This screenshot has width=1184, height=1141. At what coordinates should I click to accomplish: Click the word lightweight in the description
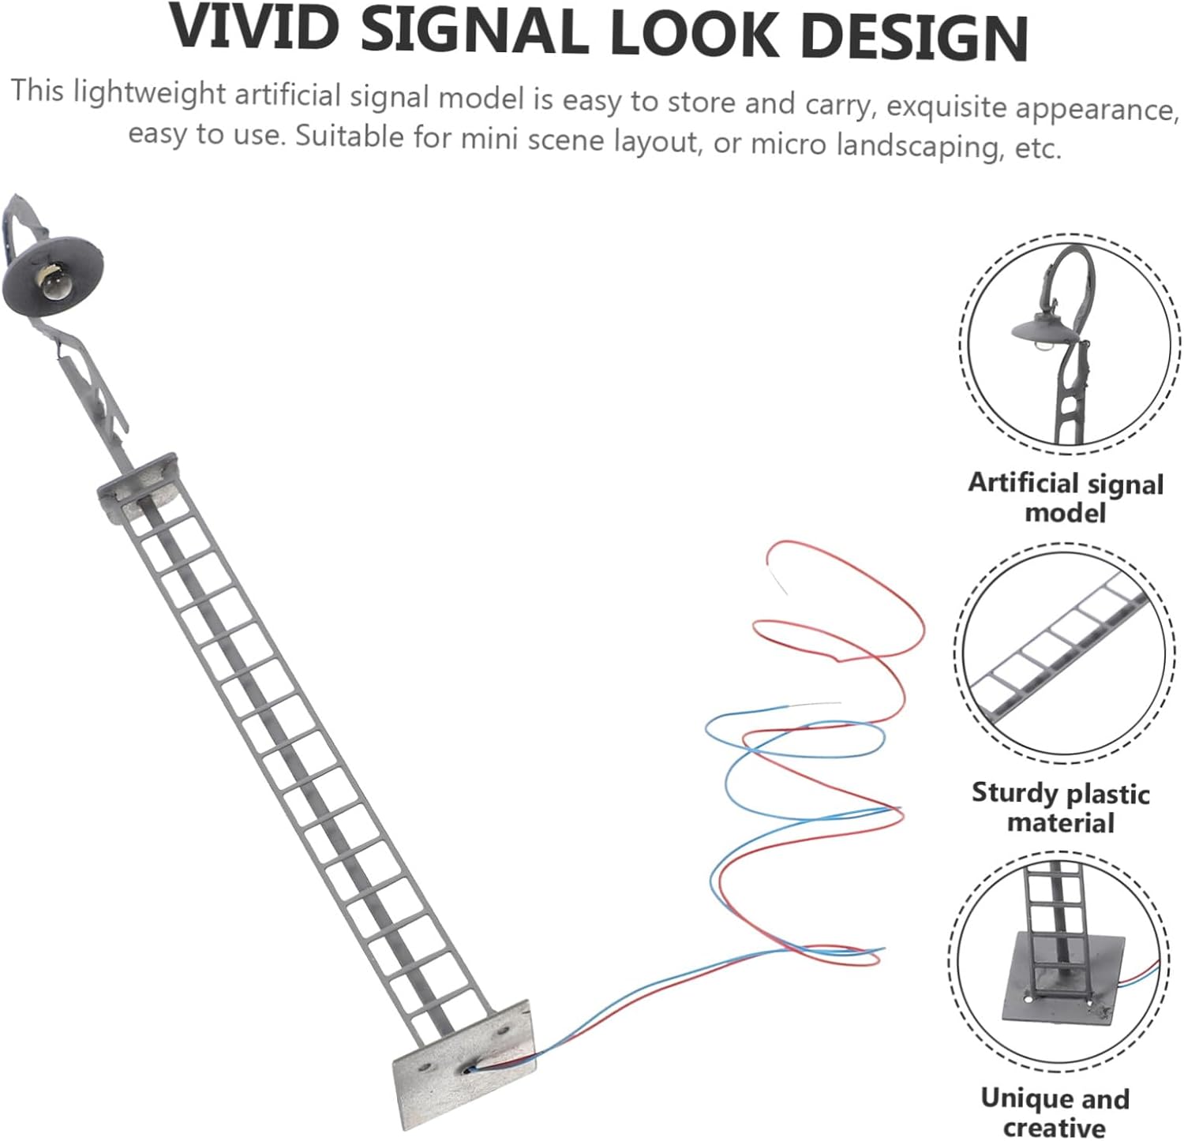pos(150,93)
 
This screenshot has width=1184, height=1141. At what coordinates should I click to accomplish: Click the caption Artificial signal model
pos(1066,497)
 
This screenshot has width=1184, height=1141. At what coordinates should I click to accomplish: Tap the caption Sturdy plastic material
pos(1060,807)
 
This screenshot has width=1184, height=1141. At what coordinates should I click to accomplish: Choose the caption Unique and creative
pos(1055,1112)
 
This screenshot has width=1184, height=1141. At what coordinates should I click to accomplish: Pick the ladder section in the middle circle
pos(1058,647)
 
